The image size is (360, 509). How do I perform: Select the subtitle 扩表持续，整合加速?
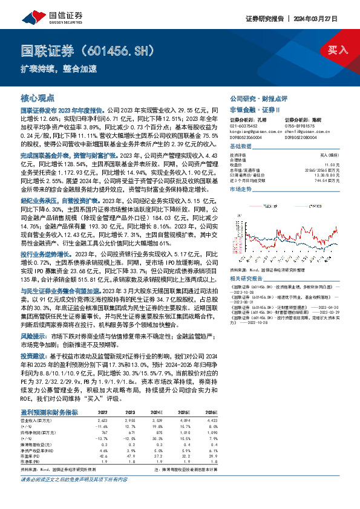click(x=59, y=68)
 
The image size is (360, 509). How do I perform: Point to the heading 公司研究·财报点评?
click(x=258, y=98)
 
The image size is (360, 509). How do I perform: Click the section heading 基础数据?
click(x=240, y=147)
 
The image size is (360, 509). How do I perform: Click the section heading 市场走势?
click(x=240, y=189)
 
